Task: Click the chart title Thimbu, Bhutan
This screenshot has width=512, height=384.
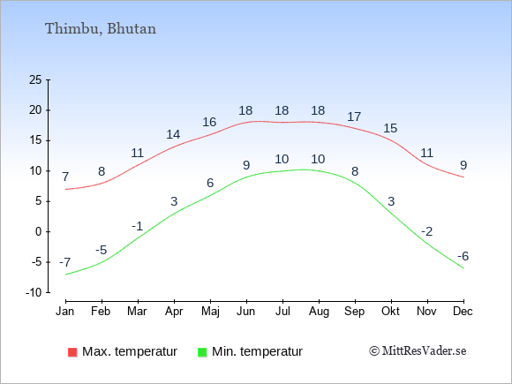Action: (101, 29)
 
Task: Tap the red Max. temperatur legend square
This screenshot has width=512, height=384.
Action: (72, 352)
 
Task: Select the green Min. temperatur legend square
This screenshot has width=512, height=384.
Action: (202, 352)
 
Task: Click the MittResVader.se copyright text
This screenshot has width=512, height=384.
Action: (418, 351)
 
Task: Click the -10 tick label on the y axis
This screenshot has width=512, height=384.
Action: (34, 292)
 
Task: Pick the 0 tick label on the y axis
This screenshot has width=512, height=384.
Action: (39, 232)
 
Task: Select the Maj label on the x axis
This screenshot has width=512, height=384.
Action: (210, 312)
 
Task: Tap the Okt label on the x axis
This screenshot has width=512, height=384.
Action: (390, 312)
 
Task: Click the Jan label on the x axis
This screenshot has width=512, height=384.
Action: (65, 312)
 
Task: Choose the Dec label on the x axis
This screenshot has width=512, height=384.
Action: (463, 312)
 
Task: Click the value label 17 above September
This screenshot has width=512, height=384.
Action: (354, 117)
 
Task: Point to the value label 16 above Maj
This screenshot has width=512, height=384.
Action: (209, 122)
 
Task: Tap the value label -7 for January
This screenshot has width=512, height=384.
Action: (65, 262)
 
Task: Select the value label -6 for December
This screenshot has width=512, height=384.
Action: (463, 256)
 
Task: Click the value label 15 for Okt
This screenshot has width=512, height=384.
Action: (390, 128)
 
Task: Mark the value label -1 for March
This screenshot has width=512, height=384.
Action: (138, 226)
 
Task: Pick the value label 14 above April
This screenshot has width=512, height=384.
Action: (173, 134)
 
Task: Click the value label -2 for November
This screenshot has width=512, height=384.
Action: (426, 232)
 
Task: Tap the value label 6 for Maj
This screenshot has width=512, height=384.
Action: (210, 184)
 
